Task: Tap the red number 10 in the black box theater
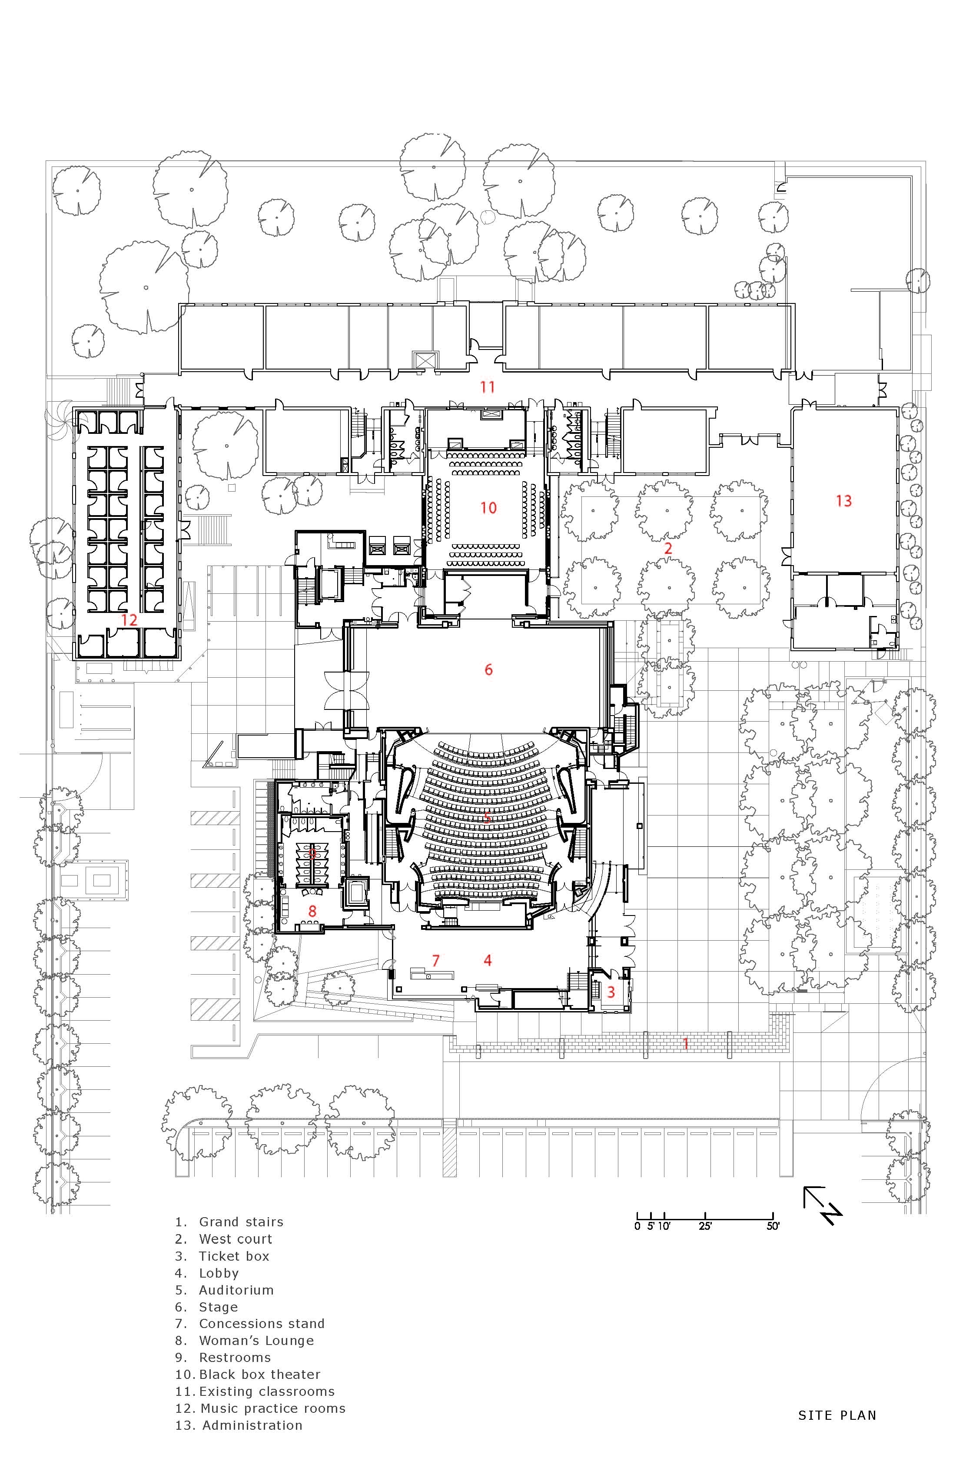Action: [x=488, y=508]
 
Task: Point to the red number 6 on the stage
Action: [x=488, y=669]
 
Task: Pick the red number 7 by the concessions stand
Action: [x=436, y=961]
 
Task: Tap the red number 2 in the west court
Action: [x=668, y=548]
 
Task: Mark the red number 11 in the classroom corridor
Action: [x=487, y=387]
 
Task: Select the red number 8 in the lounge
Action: [x=312, y=911]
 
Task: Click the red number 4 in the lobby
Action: [x=488, y=961]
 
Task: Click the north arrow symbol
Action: [x=823, y=1205]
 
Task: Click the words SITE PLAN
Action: [x=837, y=1428]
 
